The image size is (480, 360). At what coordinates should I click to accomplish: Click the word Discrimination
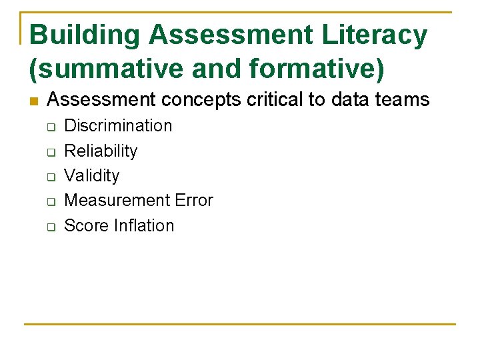(118, 125)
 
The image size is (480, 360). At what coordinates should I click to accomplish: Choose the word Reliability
(101, 151)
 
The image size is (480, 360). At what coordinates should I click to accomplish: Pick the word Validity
(92, 175)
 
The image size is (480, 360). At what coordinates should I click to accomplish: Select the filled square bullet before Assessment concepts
(34, 101)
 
